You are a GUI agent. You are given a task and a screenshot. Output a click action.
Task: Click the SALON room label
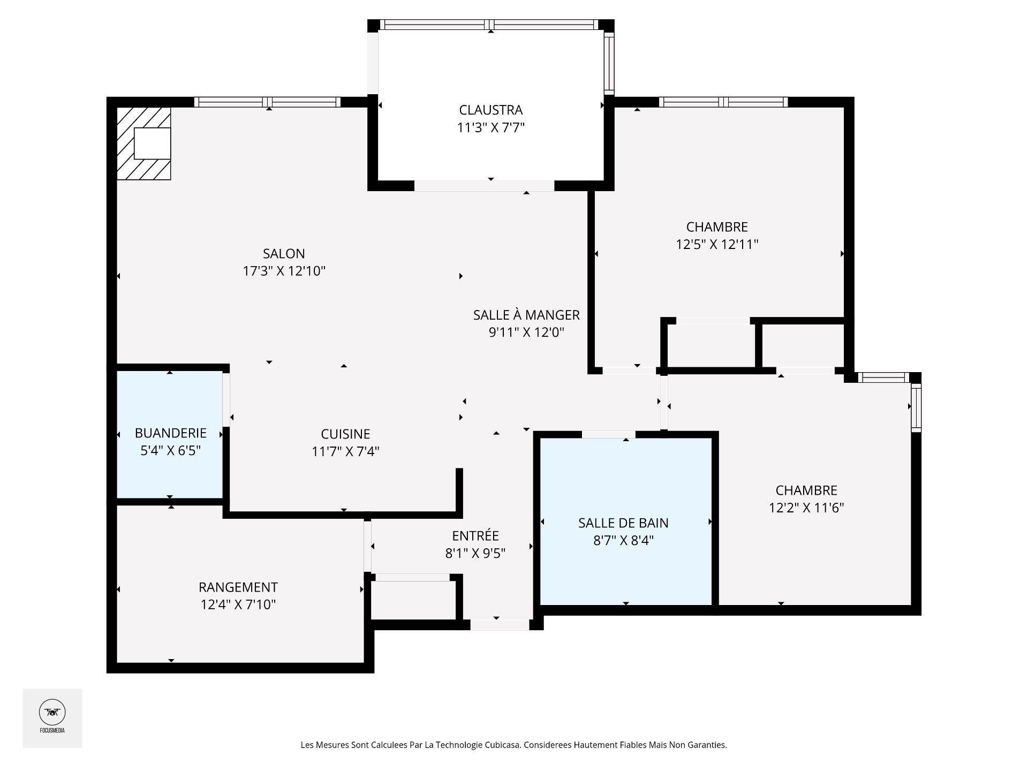point(284,253)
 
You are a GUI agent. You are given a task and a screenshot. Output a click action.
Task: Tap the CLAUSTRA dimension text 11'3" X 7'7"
point(490,127)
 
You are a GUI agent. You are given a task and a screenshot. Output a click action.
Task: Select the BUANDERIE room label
point(170,433)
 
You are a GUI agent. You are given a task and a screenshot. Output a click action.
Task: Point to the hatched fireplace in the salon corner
point(143,143)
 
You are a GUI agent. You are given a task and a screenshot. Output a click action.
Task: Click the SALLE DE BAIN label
point(623,523)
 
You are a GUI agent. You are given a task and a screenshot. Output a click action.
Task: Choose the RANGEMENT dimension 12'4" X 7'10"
point(238,604)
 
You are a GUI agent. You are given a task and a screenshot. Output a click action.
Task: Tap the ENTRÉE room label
point(475,535)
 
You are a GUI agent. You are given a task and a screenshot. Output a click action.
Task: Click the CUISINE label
point(345,434)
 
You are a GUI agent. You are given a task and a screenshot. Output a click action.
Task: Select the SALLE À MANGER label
point(526,315)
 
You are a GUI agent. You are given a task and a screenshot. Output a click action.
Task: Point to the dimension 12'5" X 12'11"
point(717,244)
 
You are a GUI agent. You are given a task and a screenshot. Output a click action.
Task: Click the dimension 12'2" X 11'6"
point(806,508)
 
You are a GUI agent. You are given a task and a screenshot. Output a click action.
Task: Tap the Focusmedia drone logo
point(52,713)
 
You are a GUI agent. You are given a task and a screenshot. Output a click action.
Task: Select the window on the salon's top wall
point(267,102)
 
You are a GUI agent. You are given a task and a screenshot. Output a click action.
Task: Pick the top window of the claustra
point(490,25)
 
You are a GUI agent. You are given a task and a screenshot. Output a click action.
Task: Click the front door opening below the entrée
point(500,624)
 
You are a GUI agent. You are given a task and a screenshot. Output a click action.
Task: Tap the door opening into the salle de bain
point(608,434)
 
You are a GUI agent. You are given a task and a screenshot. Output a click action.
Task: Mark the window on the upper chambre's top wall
point(723,102)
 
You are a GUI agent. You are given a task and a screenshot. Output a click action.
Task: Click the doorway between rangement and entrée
point(367,546)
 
